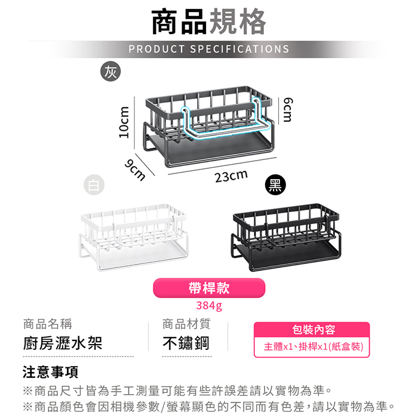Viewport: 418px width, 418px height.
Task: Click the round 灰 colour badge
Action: (110, 72)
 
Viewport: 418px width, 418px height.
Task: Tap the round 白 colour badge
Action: (94, 185)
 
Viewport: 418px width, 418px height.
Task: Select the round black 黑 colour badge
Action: (275, 185)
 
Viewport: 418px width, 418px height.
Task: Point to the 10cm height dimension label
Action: (124, 122)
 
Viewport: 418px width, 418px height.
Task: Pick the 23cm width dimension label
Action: (232, 177)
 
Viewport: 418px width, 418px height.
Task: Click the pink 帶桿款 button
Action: (209, 288)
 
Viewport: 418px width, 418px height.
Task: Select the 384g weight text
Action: (209, 306)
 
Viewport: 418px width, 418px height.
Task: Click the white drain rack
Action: (134, 237)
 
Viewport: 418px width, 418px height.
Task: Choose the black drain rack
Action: (286, 237)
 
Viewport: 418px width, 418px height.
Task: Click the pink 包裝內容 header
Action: (312, 330)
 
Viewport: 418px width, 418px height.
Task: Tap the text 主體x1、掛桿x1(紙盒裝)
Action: (314, 346)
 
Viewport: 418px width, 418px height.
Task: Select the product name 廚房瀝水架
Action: (63, 343)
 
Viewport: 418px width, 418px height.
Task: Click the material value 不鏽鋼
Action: (186, 343)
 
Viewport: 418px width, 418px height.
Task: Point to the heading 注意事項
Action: (50, 372)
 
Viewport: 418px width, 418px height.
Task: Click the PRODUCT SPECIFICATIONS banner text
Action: (209, 49)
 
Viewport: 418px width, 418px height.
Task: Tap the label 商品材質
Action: (186, 324)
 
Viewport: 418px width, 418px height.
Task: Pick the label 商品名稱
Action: (47, 324)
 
